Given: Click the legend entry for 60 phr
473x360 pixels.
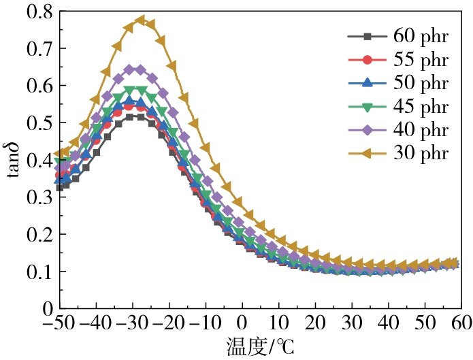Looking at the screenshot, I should [420, 37].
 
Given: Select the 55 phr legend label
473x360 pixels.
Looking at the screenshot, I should [420, 60].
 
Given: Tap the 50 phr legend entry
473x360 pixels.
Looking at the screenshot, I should [420, 83].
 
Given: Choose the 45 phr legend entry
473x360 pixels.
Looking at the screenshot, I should [420, 106].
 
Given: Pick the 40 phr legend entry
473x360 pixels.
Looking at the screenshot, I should [420, 129].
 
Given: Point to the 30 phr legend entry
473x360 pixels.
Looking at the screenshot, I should [420, 152].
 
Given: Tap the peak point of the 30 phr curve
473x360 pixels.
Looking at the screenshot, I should [140, 20].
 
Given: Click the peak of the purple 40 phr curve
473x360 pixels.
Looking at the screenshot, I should [134, 69].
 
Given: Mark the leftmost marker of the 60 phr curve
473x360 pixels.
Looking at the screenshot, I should [59, 188].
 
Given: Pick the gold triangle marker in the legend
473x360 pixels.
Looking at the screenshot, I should [367, 152].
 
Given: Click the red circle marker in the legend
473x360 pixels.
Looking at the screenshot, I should [367, 60].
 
